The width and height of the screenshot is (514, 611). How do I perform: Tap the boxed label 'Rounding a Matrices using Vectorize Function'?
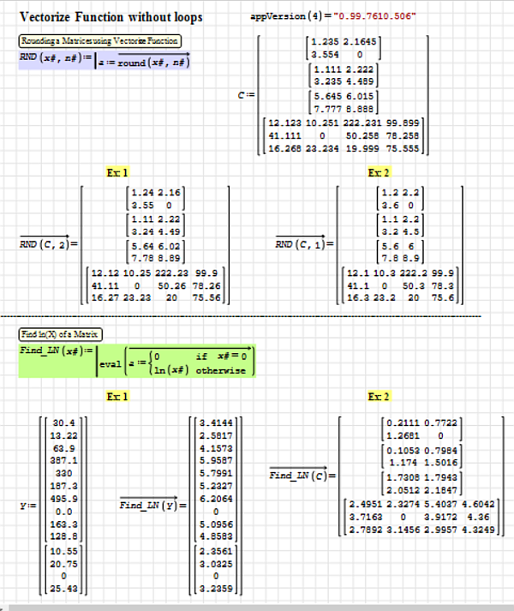pos(99,41)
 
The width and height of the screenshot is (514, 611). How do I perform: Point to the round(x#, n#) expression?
pos(154,63)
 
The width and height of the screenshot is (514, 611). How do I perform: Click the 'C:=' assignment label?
pos(246,96)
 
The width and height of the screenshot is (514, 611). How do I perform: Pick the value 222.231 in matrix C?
pos(365,123)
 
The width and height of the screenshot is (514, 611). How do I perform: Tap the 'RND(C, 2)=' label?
pos(48,243)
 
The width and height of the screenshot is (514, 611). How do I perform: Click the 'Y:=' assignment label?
pos(26,506)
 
